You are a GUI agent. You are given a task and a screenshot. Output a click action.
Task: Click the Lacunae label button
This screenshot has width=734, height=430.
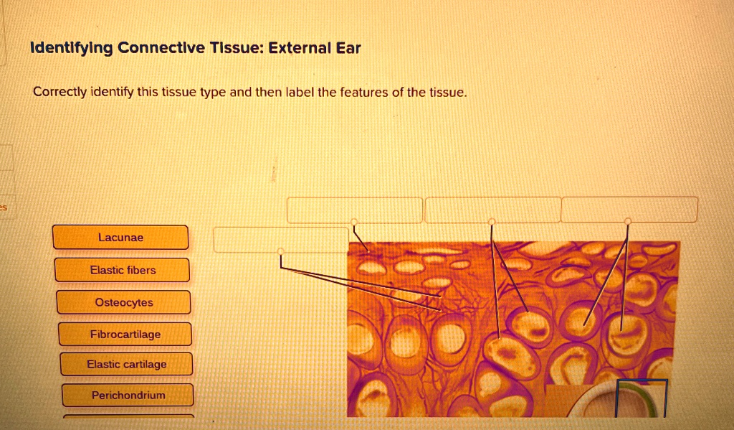coord(120,238)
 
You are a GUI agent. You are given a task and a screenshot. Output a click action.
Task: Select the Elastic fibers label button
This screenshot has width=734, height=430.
coord(123,270)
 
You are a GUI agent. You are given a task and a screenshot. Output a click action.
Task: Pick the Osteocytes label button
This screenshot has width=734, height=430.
coord(124,302)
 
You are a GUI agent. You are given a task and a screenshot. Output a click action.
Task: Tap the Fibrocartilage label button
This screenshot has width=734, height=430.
coord(125,335)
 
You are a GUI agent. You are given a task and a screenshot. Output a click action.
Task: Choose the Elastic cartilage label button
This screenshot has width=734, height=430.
coord(127,365)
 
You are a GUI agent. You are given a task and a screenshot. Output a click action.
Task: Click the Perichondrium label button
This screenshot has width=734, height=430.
coord(128,396)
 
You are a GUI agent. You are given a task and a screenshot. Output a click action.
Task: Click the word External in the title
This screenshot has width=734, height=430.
coord(297,49)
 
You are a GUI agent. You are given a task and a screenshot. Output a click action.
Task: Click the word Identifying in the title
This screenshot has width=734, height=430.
coord(71,49)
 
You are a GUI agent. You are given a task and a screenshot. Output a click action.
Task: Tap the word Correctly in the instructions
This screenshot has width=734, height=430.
coord(59,93)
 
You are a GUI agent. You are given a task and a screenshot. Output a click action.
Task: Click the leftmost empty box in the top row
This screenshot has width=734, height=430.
coord(355,210)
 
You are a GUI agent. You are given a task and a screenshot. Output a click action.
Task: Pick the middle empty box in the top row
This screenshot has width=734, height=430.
coord(492,210)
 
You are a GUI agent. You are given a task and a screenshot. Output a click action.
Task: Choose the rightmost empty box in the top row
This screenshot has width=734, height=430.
coord(629,210)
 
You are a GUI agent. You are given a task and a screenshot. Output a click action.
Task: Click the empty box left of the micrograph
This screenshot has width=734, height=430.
coord(280,240)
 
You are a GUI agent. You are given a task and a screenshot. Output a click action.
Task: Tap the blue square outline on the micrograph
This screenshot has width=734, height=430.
coord(642,398)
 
